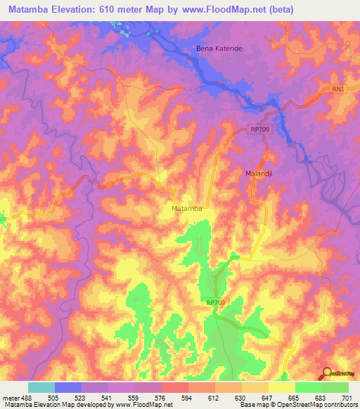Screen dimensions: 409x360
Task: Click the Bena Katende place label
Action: pos(218,48)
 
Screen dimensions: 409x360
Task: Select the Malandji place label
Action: pos(258,173)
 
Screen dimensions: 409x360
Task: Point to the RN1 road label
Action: pos(340,89)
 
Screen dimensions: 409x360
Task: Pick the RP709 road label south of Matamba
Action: pos(217,302)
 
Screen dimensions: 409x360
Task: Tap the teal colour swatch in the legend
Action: pos(41,387)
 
